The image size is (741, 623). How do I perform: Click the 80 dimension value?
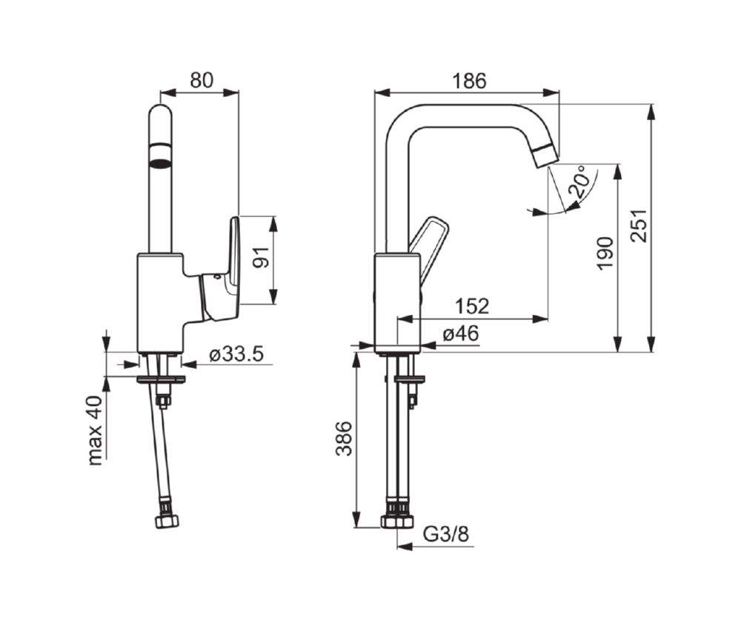click(x=202, y=80)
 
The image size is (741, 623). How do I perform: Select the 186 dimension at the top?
click(x=469, y=81)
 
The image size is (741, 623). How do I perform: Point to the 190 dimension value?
click(x=605, y=253)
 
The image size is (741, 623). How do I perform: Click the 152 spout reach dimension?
click(x=472, y=306)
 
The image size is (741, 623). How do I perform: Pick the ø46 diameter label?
click(x=461, y=334)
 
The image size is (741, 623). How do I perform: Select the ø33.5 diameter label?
click(x=236, y=353)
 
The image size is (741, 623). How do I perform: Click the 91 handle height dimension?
click(x=261, y=257)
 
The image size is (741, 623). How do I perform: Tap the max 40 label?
click(x=95, y=430)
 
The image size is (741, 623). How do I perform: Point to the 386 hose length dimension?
click(x=344, y=439)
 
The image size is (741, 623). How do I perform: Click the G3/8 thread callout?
click(x=445, y=534)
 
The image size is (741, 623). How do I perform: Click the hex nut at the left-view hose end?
click(x=167, y=521)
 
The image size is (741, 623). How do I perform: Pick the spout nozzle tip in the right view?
click(x=548, y=156)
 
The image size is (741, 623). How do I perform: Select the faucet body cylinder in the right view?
click(x=397, y=303)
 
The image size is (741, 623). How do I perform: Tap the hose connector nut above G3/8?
click(x=397, y=522)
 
